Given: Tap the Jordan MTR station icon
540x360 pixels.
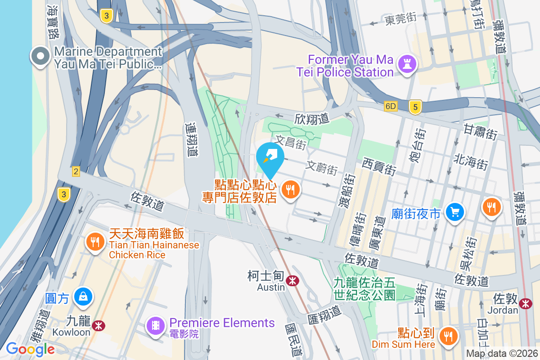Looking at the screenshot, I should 525,304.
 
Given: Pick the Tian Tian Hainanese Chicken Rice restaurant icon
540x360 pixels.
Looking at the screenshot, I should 94,243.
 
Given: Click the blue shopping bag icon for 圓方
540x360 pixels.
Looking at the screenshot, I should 84,297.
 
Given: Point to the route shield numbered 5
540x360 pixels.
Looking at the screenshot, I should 415,107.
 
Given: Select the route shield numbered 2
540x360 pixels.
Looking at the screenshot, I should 76,171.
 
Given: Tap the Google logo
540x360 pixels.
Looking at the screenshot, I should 30,349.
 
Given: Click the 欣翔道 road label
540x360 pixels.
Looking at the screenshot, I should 312,119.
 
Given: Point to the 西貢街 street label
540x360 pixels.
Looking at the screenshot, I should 379,166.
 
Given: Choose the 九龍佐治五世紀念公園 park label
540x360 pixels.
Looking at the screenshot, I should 364,288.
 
